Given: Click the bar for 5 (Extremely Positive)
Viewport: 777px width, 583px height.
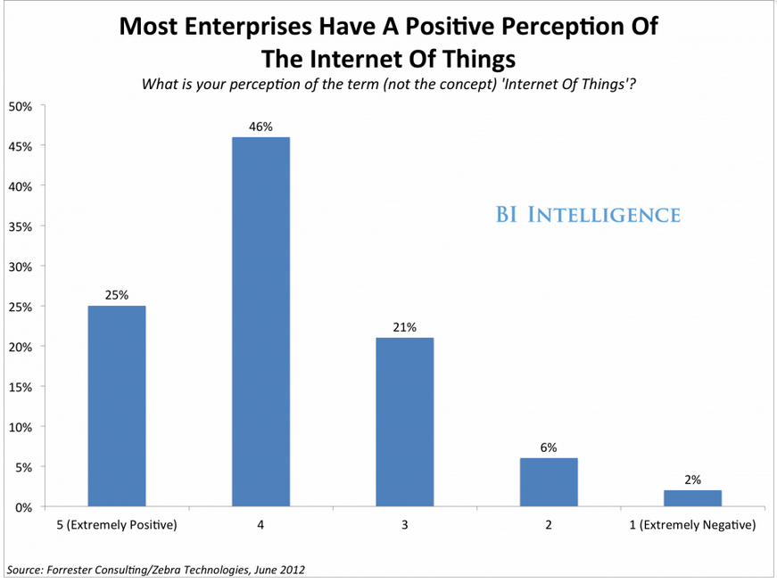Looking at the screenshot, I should pos(117,406).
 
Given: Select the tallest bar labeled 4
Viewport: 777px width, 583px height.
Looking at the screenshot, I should pos(260,322).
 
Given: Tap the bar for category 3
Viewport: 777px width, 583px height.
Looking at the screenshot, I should pos(404,423).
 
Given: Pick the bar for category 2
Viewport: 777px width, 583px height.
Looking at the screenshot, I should pos(549,482).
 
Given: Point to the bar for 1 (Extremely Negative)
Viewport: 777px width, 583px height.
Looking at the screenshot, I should pos(692,498).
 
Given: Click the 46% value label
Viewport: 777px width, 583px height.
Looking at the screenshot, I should pos(260,127).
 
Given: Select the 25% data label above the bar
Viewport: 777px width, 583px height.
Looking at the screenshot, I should pos(117,296).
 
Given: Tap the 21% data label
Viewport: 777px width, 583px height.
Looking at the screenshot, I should pos(404,328).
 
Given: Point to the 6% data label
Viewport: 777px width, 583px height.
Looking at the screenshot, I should pos(549,448).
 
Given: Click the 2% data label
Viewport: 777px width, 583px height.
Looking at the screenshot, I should pos(692,480).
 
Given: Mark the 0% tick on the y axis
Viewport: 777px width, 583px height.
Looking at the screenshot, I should pos(23,507).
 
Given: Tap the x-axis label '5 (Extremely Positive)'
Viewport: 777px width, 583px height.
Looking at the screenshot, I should pos(117,525).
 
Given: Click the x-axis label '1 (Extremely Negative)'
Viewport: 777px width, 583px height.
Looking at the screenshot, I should pos(692,525).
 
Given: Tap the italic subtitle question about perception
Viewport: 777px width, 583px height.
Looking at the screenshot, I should pos(389,85).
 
